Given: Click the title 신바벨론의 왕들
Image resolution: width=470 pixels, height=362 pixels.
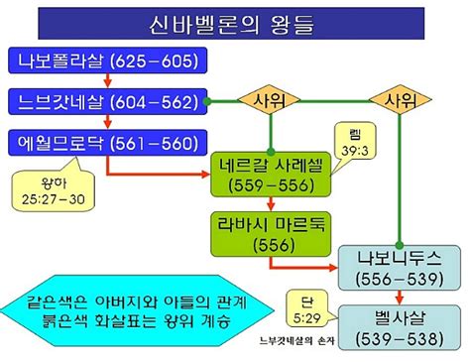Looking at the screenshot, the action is [x=234, y=22].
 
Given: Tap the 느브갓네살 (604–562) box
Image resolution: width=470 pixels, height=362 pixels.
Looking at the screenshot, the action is [x=110, y=101].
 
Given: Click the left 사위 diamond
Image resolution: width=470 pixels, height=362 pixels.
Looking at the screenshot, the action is [x=269, y=101].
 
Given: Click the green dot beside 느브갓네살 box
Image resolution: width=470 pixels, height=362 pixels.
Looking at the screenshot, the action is [x=207, y=101].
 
